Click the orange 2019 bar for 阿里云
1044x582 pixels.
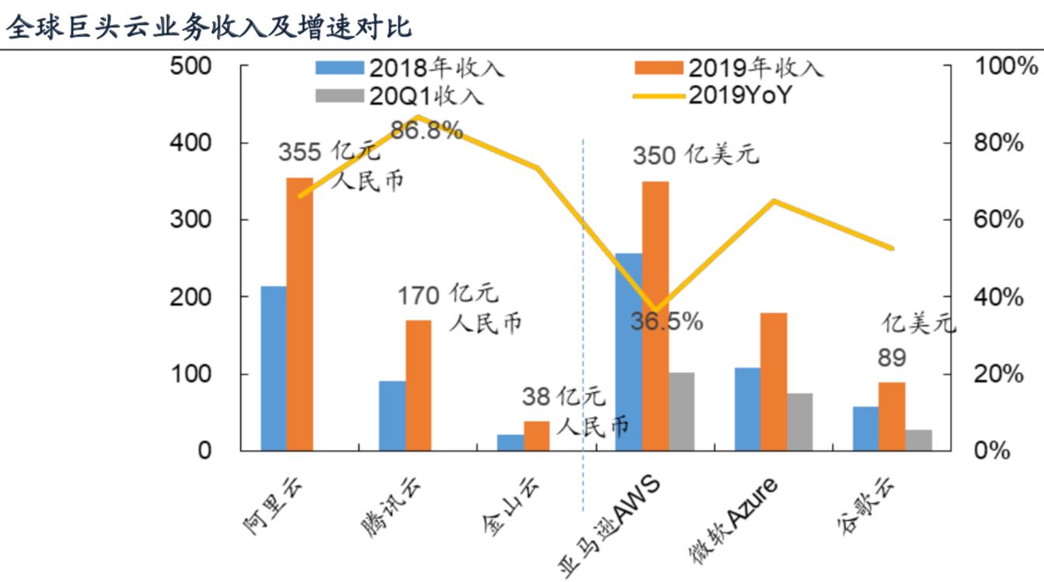[300, 314]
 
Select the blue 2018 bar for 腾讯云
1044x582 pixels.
[392, 416]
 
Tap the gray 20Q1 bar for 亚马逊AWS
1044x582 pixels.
[681, 411]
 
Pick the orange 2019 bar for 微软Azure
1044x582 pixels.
[774, 382]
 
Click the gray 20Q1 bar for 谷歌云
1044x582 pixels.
[919, 440]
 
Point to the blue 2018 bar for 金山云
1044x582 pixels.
[510, 442]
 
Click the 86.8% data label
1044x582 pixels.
[427, 130]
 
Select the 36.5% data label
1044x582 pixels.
[666, 322]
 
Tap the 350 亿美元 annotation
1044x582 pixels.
[696, 155]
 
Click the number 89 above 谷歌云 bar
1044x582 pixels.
[892, 358]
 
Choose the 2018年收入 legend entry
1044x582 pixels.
[410, 68]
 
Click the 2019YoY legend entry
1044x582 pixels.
[712, 95]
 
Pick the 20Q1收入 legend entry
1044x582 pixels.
[400, 96]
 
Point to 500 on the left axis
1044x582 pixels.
[190, 66]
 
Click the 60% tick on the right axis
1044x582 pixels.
[998, 220]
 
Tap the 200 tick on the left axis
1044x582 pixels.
[190, 296]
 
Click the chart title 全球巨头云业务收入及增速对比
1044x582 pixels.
[209, 27]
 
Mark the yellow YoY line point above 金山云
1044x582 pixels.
[538, 168]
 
